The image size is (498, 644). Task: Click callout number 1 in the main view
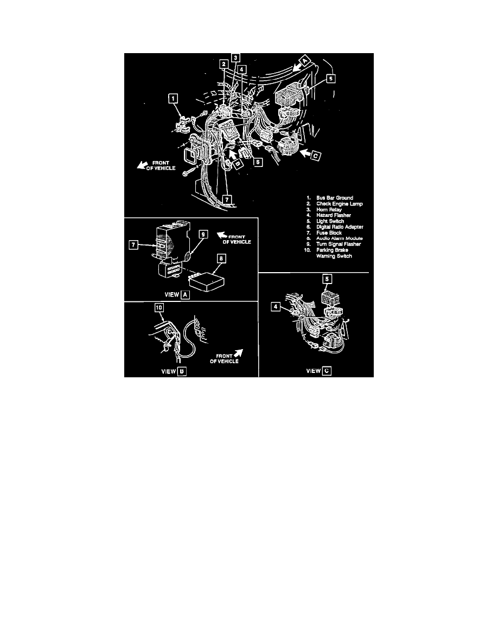(x=173, y=98)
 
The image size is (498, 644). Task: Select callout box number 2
(x=223, y=64)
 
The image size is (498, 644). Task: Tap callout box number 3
(x=235, y=56)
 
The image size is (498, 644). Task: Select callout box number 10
(x=159, y=308)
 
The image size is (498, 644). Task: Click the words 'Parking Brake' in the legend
(x=332, y=250)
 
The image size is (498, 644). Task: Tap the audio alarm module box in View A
(x=206, y=281)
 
